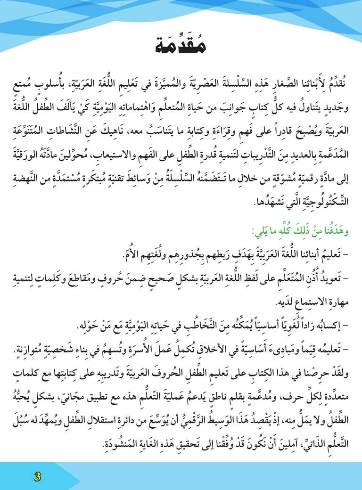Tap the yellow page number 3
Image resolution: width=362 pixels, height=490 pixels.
[x=37, y=475]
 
